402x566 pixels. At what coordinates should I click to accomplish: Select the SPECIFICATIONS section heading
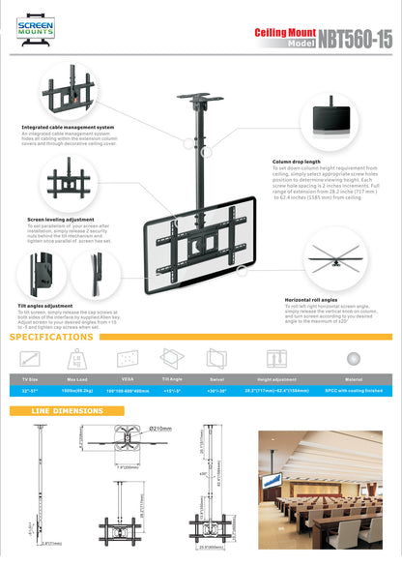tap(53, 338)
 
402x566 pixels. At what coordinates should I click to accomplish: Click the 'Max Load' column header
tap(78, 379)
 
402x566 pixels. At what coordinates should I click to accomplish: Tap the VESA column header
tap(127, 379)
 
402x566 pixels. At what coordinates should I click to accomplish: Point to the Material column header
tap(354, 379)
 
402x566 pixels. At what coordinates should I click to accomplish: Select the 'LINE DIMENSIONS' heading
tap(68, 411)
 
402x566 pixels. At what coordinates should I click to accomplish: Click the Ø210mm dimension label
tap(160, 429)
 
